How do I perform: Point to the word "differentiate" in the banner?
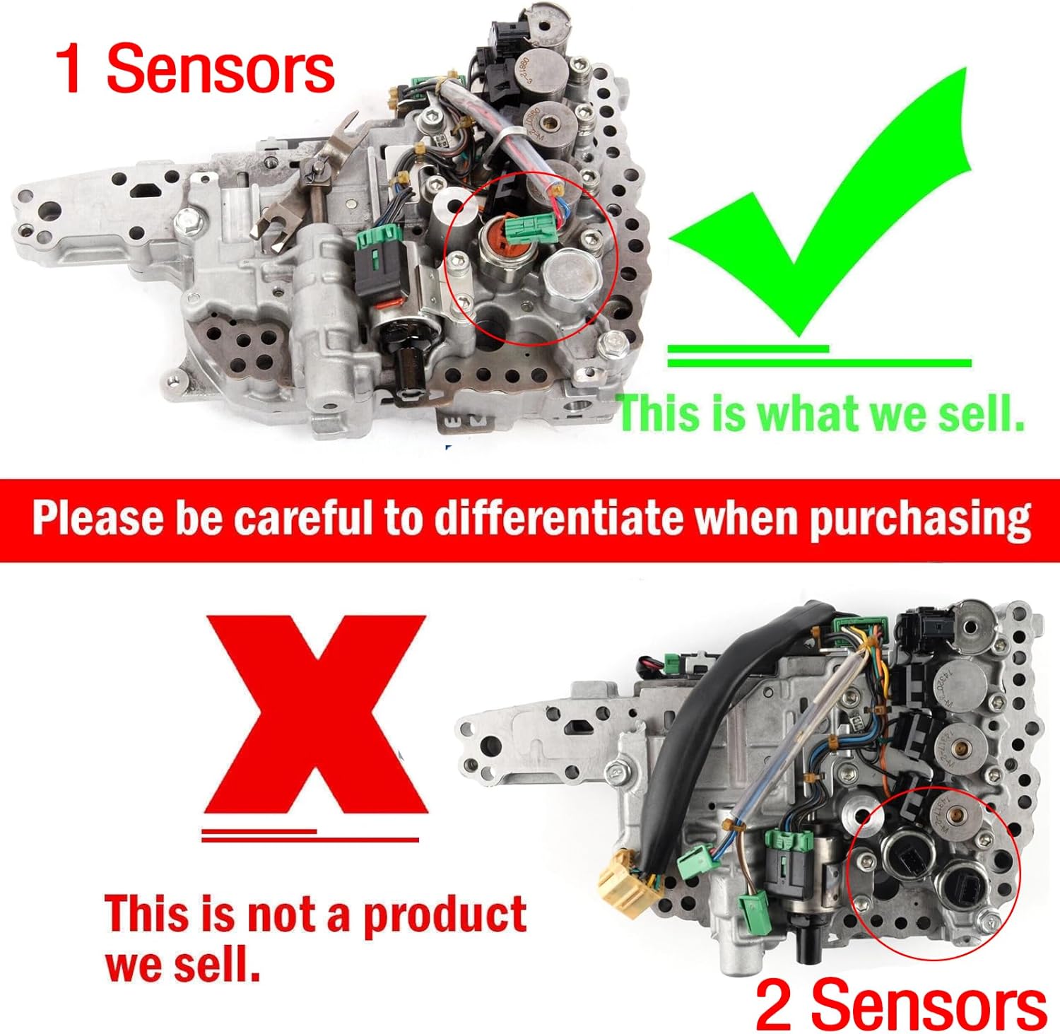click(x=558, y=519)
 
